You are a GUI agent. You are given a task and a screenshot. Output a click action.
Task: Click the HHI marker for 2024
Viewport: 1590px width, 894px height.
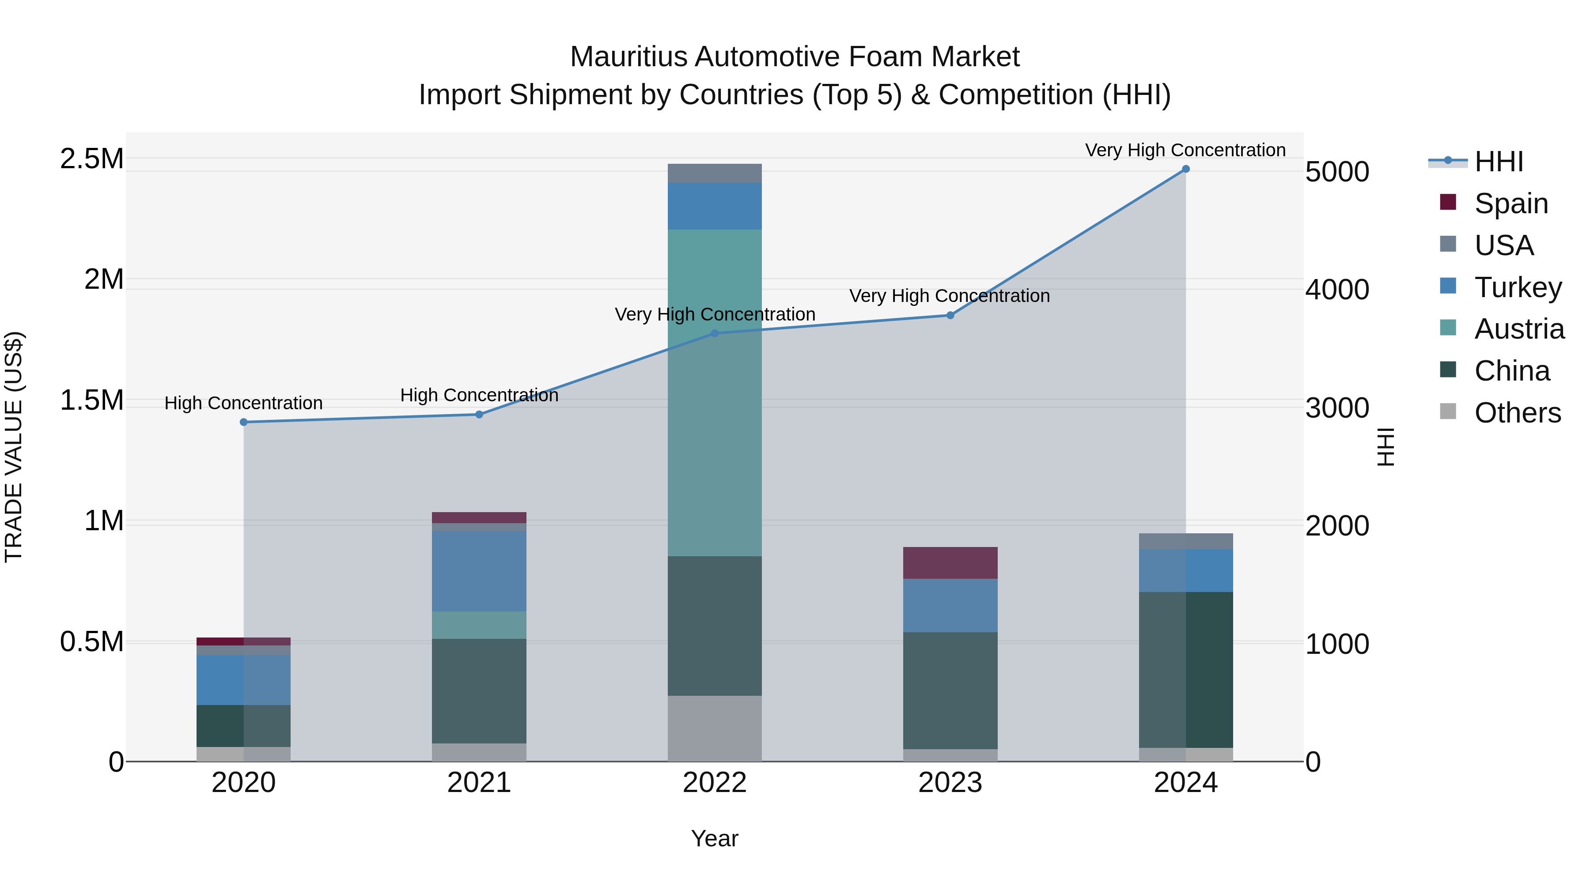pyautogui.click(x=1185, y=169)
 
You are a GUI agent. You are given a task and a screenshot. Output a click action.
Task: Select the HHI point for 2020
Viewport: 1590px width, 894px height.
pyautogui.click(x=244, y=422)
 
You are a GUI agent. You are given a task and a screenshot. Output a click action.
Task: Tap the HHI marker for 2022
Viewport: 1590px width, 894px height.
pyautogui.click(x=715, y=333)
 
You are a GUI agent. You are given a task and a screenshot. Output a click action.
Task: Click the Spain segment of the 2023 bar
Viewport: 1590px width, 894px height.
pyautogui.click(x=950, y=563)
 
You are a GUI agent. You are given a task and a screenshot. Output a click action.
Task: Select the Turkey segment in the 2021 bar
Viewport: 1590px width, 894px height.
pyautogui.click(x=479, y=571)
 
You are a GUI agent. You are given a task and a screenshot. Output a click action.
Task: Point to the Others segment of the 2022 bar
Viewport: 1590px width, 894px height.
pyautogui.click(x=715, y=728)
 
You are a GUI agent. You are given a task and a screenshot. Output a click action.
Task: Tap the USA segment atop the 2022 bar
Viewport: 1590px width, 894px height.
pyautogui.click(x=715, y=174)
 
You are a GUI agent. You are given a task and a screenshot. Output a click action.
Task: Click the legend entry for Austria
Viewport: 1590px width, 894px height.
pyautogui.click(x=1519, y=329)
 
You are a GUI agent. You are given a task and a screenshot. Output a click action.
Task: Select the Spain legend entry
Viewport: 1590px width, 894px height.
pyautogui.click(x=1511, y=203)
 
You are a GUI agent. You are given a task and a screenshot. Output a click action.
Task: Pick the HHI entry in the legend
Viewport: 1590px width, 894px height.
pyautogui.click(x=1499, y=162)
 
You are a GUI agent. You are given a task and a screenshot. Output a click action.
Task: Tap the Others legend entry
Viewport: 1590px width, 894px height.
pyautogui.click(x=1517, y=413)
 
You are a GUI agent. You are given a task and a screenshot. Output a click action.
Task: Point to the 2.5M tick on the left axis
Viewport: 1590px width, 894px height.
pyautogui.click(x=92, y=159)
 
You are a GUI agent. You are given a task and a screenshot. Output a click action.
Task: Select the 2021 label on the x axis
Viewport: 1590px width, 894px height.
pyautogui.click(x=479, y=783)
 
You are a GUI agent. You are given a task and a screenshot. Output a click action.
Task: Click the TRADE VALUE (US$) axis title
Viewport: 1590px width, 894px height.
pyautogui.click(x=14, y=447)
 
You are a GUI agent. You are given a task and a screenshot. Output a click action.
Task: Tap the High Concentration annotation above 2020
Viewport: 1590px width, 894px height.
pyautogui.click(x=243, y=403)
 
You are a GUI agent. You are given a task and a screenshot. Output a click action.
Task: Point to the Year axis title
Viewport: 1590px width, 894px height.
pyautogui.click(x=714, y=838)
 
